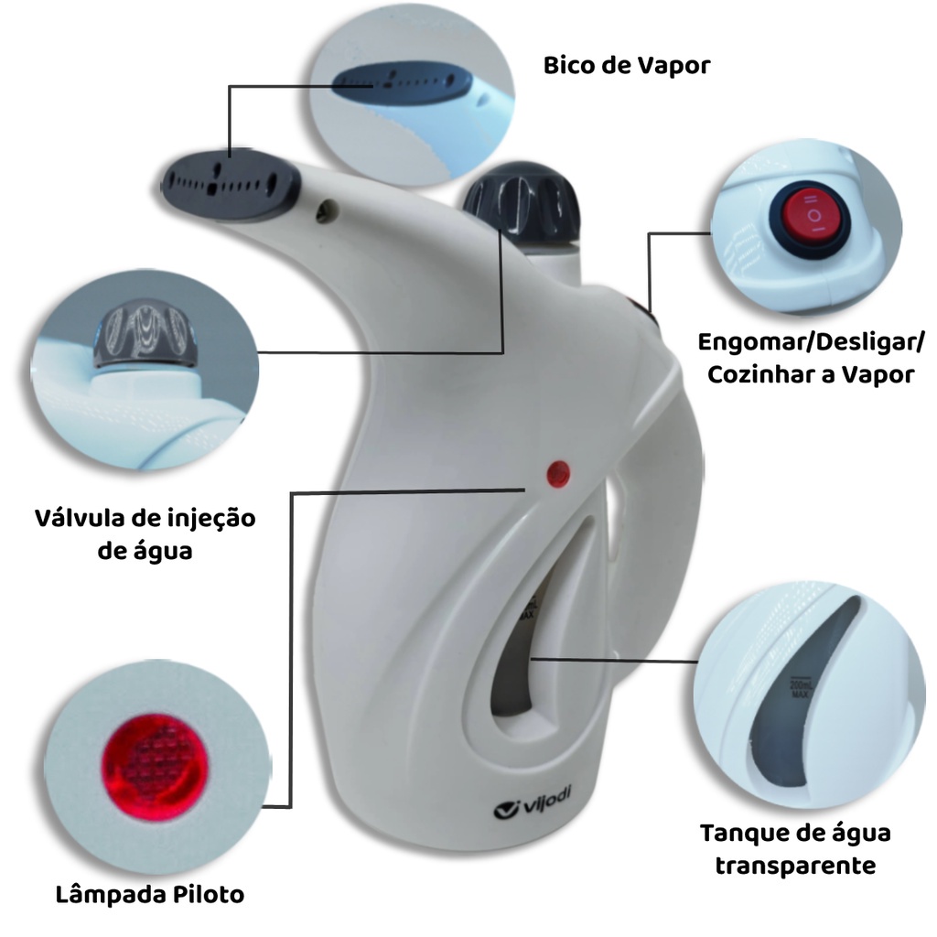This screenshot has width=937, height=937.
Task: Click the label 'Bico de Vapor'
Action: [626, 66]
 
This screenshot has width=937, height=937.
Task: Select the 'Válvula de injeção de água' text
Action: [145, 534]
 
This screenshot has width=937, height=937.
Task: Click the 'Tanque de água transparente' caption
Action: [795, 848]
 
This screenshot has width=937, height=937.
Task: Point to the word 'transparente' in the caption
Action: [795, 865]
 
